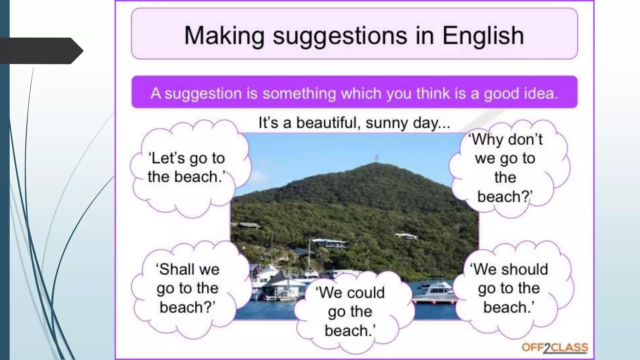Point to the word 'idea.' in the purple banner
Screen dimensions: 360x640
pos(538,93)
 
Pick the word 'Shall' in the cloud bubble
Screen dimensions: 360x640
pos(174,269)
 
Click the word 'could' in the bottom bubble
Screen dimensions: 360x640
pos(366,293)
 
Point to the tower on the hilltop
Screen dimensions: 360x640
pos(377,158)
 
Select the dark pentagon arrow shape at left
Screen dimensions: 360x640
pos(41,51)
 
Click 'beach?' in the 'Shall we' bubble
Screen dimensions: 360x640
pos(187,307)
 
